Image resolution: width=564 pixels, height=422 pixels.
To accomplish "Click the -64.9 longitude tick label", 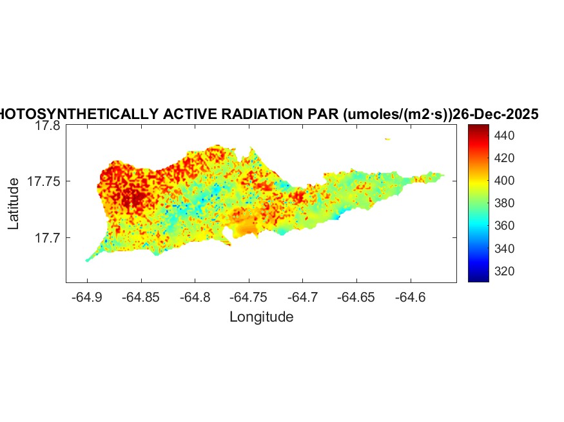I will click(87, 297).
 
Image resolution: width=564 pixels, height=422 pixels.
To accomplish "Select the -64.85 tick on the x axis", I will click(141, 297).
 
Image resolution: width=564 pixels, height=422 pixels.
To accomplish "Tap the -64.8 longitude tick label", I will click(195, 297).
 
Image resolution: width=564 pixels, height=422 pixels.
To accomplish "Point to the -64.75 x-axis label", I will click(249, 297).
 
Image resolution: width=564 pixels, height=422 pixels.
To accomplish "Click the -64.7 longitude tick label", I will click(304, 297).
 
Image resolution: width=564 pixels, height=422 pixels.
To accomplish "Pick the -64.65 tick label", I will click(358, 297).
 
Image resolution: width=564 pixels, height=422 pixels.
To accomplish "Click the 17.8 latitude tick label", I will click(48, 126).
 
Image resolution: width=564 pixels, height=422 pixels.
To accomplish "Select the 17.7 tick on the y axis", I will click(48, 238).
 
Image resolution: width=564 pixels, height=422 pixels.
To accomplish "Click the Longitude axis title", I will click(262, 316).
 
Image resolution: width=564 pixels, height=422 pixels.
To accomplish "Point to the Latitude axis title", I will click(14, 205).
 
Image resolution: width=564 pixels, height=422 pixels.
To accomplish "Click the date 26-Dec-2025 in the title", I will click(496, 115).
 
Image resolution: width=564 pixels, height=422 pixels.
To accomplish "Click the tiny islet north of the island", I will click(387, 138).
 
